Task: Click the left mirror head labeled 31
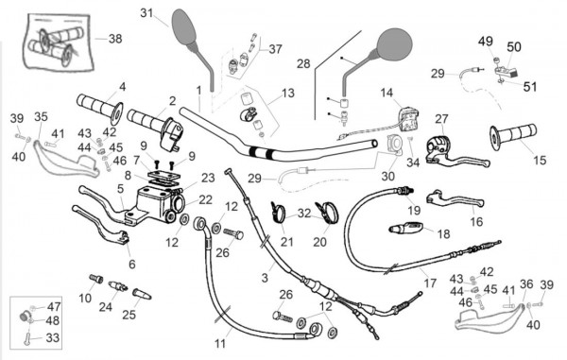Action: [184, 26]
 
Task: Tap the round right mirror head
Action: [394, 44]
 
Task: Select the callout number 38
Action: [115, 39]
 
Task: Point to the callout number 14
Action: [387, 93]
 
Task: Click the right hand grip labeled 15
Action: [513, 135]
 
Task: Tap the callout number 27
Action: [441, 119]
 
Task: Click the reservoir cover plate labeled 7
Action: [163, 176]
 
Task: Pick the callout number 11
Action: [220, 344]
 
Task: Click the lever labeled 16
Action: [455, 199]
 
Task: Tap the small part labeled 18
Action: [405, 227]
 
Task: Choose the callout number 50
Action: [513, 47]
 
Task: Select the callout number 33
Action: [52, 338]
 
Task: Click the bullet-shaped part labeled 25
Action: [142, 294]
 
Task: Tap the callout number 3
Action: [265, 278]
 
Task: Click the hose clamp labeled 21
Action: [278, 213]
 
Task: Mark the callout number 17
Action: [430, 283]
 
